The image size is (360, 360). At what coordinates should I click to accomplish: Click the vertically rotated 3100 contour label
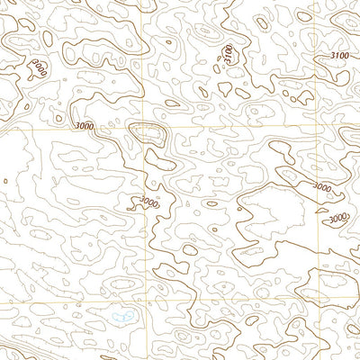(x=229, y=54)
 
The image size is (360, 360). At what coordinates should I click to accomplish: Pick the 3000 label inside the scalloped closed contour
(x=39, y=67)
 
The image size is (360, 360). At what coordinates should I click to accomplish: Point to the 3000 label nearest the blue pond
(x=149, y=203)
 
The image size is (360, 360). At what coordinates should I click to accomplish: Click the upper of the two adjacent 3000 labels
(x=321, y=186)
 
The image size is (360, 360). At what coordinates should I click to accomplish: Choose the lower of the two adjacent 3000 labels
(x=337, y=218)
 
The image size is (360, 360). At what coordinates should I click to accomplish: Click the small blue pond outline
(x=123, y=316)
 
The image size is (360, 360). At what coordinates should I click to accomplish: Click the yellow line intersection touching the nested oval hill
(x=144, y=127)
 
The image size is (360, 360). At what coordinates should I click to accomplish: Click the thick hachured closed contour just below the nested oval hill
(x=162, y=164)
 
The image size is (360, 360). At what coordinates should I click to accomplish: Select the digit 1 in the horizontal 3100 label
(x=336, y=56)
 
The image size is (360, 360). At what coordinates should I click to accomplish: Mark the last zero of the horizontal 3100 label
(x=346, y=56)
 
